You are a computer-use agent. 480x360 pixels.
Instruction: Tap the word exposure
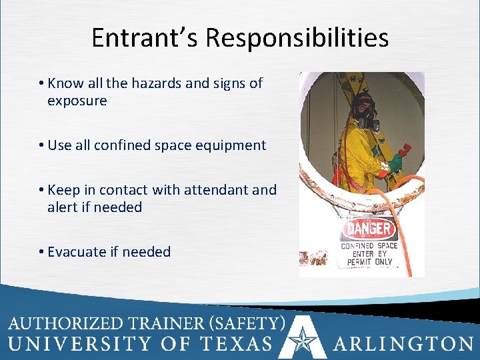click(77, 101)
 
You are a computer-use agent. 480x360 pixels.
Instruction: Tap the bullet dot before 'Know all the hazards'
click(41, 84)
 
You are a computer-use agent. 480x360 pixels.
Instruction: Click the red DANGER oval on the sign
click(369, 230)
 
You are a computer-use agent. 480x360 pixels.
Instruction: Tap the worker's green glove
click(395, 162)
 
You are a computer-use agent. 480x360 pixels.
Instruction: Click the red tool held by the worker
click(403, 151)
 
